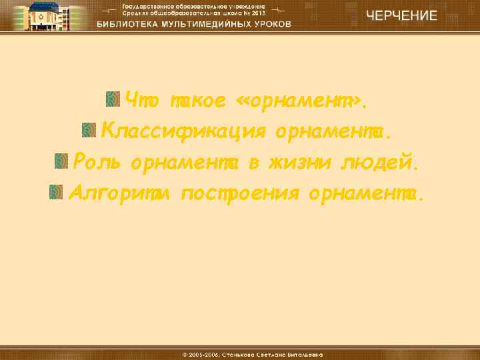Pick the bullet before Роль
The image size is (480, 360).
tap(61, 160)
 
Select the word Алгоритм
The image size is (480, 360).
tap(122, 193)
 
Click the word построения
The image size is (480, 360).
tap(242, 193)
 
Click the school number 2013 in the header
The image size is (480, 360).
tap(258, 13)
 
